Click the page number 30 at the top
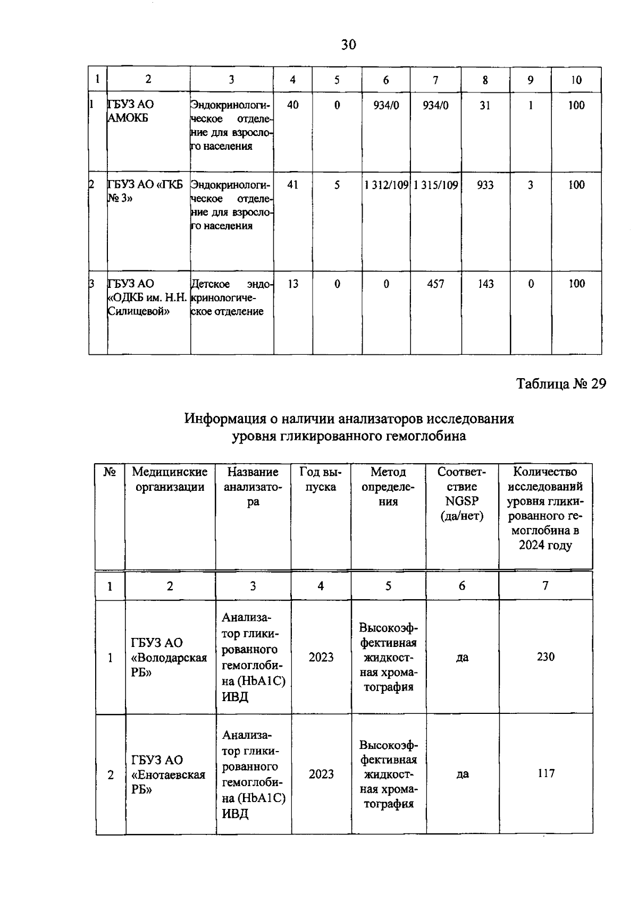[x=348, y=45]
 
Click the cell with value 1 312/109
[x=386, y=185]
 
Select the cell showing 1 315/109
[x=435, y=185]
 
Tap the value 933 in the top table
[x=485, y=185]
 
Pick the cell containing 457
[x=435, y=284]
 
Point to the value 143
[x=485, y=284]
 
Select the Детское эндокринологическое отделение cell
[x=231, y=297]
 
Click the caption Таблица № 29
[x=561, y=384]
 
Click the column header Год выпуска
[x=321, y=479]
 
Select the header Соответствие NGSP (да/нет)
[x=461, y=494]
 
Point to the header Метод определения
[x=388, y=487]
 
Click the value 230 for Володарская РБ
[x=545, y=657]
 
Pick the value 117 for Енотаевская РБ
[x=545, y=774]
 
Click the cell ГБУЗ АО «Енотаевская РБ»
[x=168, y=774]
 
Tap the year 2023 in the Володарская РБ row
[x=321, y=658]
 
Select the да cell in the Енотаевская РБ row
[x=462, y=774]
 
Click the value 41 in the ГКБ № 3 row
[x=292, y=185]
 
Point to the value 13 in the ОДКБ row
[x=292, y=284]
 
